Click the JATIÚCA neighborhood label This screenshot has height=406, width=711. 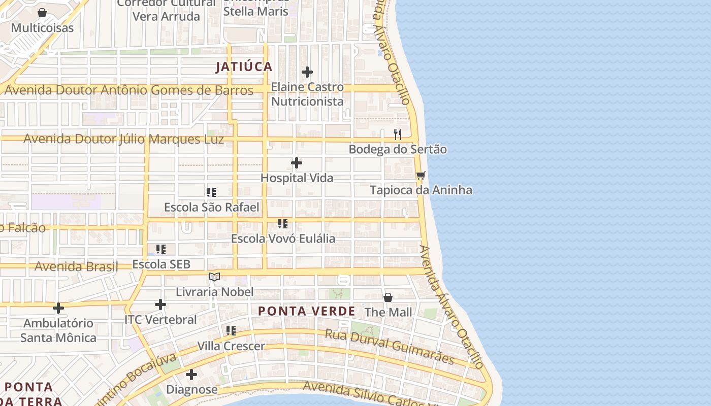coord(244,67)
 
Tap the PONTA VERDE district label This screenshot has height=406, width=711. coord(306,311)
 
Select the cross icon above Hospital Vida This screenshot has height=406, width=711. coord(297,163)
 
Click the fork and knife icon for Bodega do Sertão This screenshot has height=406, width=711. coord(398,134)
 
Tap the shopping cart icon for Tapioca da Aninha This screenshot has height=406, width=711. coord(421,176)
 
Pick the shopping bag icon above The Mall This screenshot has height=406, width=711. coord(388,297)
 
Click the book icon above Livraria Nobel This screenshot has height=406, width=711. coord(214,277)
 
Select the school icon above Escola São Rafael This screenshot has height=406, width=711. coord(211,192)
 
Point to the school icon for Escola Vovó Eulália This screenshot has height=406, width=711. coord(283,224)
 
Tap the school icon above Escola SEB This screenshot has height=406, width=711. coord(161,249)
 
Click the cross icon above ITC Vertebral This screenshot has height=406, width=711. coord(160,304)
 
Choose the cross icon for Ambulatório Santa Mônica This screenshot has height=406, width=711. coord(58,308)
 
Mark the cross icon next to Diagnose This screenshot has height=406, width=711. coord(191,375)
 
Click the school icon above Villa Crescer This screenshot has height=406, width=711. coord(231,331)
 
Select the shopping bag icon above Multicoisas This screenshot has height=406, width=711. coord(43,13)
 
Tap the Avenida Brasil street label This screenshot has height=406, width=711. coord(76,266)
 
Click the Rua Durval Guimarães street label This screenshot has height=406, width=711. coord(390,347)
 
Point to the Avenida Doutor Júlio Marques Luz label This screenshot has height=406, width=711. coord(123,139)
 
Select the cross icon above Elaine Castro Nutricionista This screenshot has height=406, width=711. coord(307,73)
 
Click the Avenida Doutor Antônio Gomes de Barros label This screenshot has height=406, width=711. coord(128,91)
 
